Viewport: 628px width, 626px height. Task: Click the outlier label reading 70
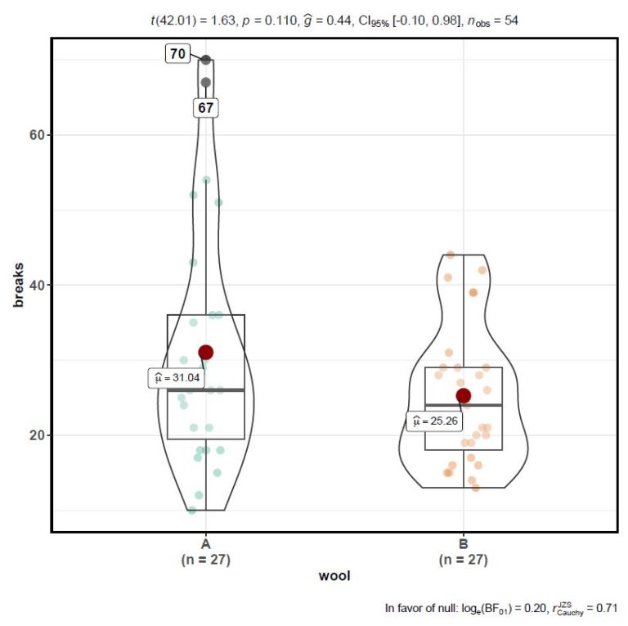[x=177, y=55]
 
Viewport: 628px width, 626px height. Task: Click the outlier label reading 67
[x=206, y=108]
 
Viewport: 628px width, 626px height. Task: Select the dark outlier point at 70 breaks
[x=206, y=60]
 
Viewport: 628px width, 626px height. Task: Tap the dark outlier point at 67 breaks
[x=206, y=82]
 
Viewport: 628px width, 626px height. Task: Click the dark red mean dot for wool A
[x=206, y=352]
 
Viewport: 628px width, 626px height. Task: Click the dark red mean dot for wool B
[x=464, y=396]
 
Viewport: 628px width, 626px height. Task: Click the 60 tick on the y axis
[x=38, y=135]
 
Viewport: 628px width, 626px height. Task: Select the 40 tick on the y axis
[x=38, y=285]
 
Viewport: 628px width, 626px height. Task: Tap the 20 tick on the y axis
[x=38, y=435]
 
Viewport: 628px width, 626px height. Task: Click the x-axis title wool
[x=334, y=576]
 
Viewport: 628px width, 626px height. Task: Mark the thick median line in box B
[x=464, y=405]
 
